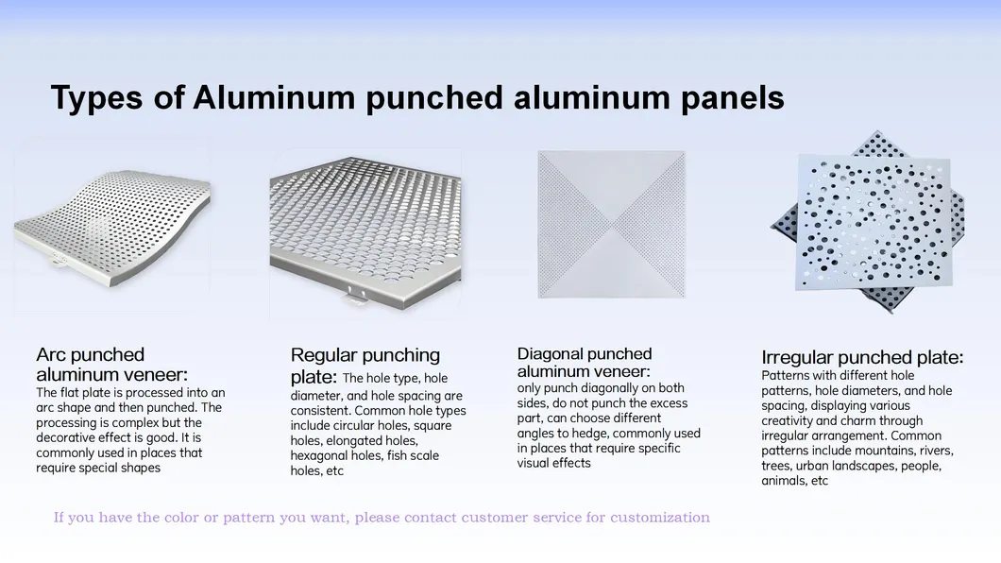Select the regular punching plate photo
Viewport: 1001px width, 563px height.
click(x=365, y=228)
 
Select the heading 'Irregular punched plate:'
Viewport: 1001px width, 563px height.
click(x=862, y=357)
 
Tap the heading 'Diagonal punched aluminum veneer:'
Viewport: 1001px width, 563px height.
click(x=585, y=363)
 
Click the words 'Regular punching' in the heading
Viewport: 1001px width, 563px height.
click(x=365, y=355)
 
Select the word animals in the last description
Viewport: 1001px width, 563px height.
click(x=783, y=481)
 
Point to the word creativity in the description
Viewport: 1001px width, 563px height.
click(x=788, y=420)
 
